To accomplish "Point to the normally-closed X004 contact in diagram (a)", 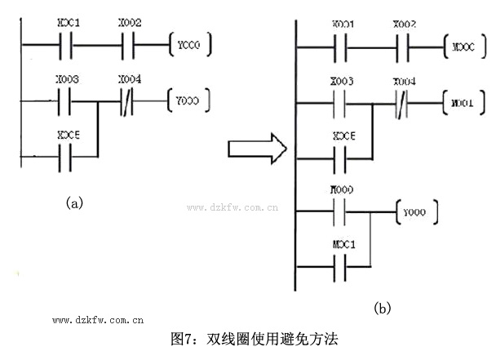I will (x=128, y=101).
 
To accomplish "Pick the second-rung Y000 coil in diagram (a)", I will (x=188, y=100).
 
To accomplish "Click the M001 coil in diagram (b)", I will (x=462, y=104).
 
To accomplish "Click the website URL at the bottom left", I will (x=98, y=322).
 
